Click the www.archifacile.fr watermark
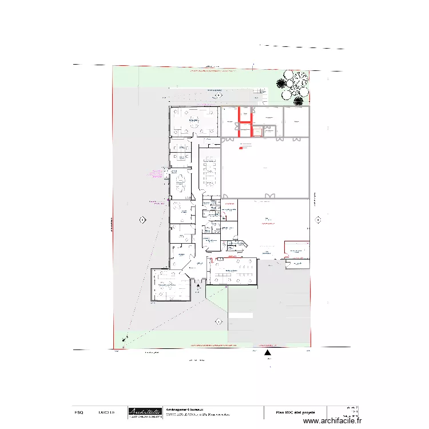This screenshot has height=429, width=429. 333,421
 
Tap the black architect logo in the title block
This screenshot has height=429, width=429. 144,412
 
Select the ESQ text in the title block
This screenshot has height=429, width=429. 80,412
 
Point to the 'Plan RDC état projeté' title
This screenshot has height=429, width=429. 295,412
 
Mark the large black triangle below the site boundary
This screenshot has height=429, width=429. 267,353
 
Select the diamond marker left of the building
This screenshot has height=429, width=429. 142,220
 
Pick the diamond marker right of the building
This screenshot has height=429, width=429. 318,219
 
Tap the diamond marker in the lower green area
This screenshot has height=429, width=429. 219,321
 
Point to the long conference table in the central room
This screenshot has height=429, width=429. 208,170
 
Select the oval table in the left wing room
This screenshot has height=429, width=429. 181,184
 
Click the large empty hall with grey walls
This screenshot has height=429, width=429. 264,168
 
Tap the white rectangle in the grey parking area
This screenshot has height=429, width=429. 240,315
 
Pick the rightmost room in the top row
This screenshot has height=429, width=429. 296,121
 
